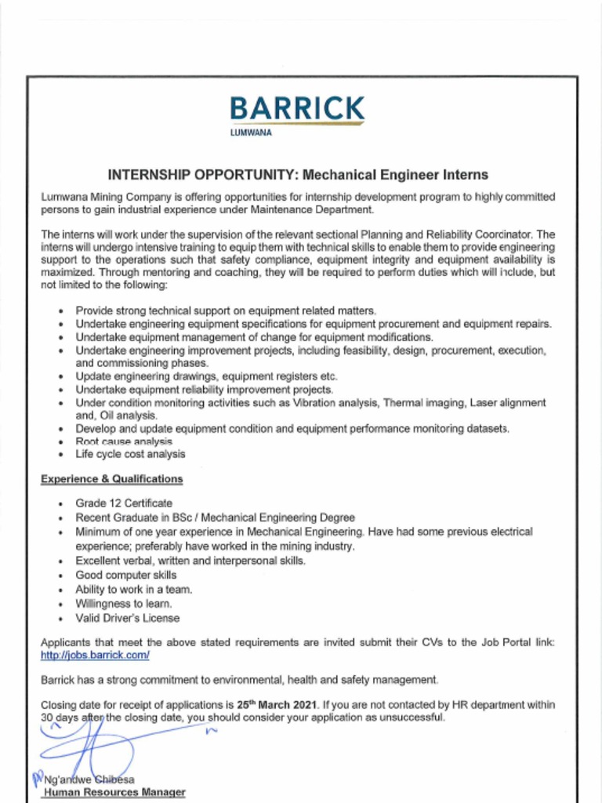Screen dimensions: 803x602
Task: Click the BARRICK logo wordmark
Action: coord(297,108)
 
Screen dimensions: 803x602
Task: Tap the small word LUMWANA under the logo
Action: coord(251,133)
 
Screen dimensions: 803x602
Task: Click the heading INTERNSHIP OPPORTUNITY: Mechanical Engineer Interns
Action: coord(297,174)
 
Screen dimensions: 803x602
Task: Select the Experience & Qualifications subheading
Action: coord(111,478)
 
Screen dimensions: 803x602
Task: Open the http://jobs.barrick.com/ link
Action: coord(95,654)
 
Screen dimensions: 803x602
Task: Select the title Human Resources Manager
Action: coord(114,792)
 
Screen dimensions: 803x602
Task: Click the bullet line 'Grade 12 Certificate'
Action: coord(123,503)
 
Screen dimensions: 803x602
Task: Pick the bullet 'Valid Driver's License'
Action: coord(127,618)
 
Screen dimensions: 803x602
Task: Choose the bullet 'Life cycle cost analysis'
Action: coord(130,453)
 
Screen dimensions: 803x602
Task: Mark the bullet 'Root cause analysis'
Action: coord(123,441)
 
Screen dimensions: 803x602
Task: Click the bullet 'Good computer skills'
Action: coord(125,575)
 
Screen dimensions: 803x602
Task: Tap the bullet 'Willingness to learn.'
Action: coord(123,604)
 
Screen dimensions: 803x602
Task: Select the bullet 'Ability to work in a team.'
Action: coord(133,589)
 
